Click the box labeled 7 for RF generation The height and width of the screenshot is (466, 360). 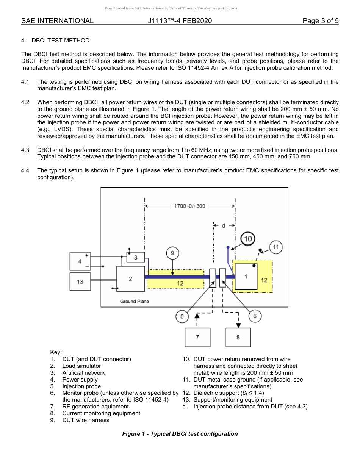tap(197, 337)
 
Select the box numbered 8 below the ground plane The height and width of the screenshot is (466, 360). tap(238, 337)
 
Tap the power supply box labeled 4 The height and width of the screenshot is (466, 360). tap(80, 261)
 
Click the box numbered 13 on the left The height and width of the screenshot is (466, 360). tap(80, 282)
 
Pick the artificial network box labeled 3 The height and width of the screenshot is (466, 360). tap(135, 258)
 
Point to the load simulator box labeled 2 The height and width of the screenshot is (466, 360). tap(130, 278)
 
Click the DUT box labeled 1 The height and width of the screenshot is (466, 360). tap(246, 277)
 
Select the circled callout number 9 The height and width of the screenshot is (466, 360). tap(172, 253)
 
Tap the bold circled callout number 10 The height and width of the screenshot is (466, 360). tap(248, 239)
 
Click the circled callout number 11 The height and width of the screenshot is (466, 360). tap(276, 247)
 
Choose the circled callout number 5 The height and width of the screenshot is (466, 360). tap(182, 316)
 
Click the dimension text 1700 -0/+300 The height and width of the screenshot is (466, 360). tap(189, 206)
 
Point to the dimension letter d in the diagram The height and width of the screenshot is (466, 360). tap(224, 225)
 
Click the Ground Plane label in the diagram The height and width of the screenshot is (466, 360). tap(134, 301)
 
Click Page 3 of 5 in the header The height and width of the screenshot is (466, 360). tap(320, 21)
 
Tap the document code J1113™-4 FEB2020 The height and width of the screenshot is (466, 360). tap(180, 21)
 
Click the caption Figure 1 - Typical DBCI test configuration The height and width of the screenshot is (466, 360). tap(180, 434)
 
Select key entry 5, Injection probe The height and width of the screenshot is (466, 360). tap(81, 386)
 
